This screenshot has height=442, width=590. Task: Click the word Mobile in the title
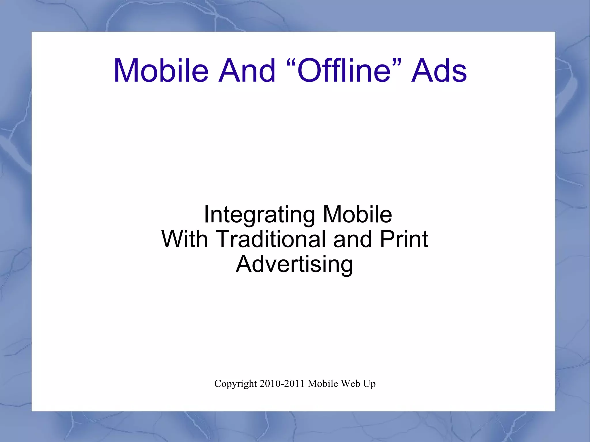coord(161,71)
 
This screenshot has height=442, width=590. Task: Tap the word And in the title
coord(247,71)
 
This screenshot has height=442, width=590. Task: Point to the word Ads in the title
coord(439,71)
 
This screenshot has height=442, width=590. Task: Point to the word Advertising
coord(294,264)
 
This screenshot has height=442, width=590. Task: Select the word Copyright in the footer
coord(235,384)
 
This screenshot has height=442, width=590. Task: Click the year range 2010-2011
coord(282,384)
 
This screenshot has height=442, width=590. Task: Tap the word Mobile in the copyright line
coord(323,384)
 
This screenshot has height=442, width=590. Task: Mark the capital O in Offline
coord(309,71)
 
